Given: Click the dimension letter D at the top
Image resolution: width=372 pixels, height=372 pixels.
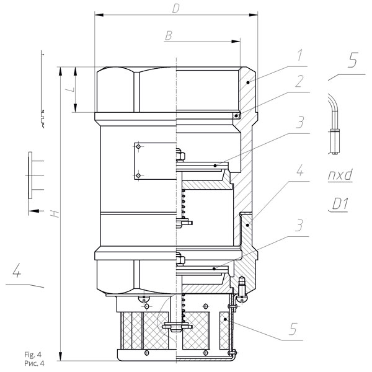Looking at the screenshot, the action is pos(176,9).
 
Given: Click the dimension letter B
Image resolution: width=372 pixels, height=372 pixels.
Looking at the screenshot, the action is pos(169,35).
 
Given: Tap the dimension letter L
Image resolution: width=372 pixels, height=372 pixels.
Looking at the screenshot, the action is pos(73,90).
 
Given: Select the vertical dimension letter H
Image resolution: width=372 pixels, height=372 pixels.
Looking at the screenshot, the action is pos(55,214).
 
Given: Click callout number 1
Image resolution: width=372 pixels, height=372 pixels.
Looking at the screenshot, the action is pos(300,55).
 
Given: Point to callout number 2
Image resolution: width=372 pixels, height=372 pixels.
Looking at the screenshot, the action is pos(299,81).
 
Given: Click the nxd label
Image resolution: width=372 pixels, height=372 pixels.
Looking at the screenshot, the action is pos(340,175).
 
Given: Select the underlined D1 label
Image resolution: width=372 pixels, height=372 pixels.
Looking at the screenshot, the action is pos(340,204).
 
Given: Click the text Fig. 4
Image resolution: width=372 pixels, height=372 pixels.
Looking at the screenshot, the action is pos(33,355).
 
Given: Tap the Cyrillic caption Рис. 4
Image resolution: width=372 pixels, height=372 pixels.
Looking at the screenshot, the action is pos(34,363).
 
